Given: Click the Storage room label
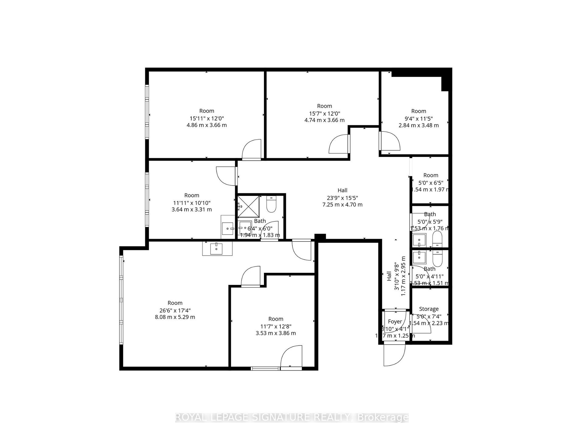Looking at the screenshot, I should [429, 309].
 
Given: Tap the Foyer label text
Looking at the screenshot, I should [395, 322].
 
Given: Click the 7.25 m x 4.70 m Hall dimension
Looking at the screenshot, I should [342, 205].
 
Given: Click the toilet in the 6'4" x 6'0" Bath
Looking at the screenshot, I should [271, 205].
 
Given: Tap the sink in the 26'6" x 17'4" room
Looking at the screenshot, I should [216, 249].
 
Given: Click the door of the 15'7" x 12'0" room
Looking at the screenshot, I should [339, 144].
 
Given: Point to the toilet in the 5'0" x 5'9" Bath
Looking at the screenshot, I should [437, 239].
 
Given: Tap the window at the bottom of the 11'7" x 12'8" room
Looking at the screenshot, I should [265, 369].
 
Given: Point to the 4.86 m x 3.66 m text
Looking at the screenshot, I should [207, 125].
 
